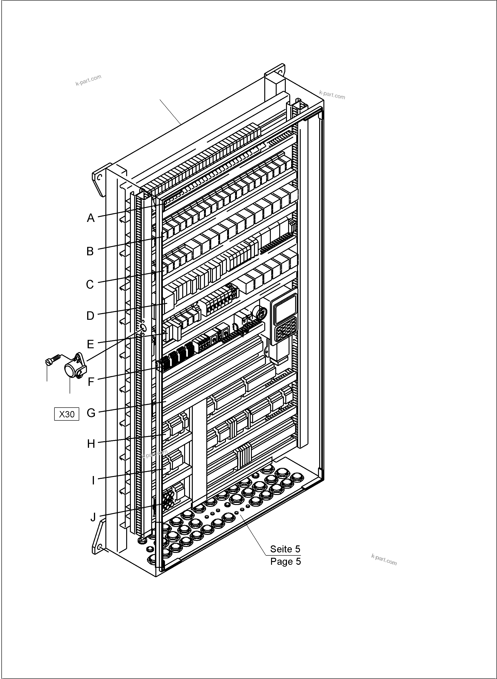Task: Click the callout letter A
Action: coord(91,218)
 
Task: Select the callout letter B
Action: coord(90,251)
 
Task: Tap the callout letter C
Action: coord(90,284)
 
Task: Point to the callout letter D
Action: coord(90,316)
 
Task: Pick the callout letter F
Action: coord(91,382)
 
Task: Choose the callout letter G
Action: coord(91,413)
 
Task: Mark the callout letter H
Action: coord(91,444)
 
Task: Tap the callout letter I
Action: coord(93,480)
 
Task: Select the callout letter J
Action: coord(93,517)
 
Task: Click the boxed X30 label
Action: coord(67,414)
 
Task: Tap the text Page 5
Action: coord(285,562)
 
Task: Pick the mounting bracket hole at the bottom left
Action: coord(100,546)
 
